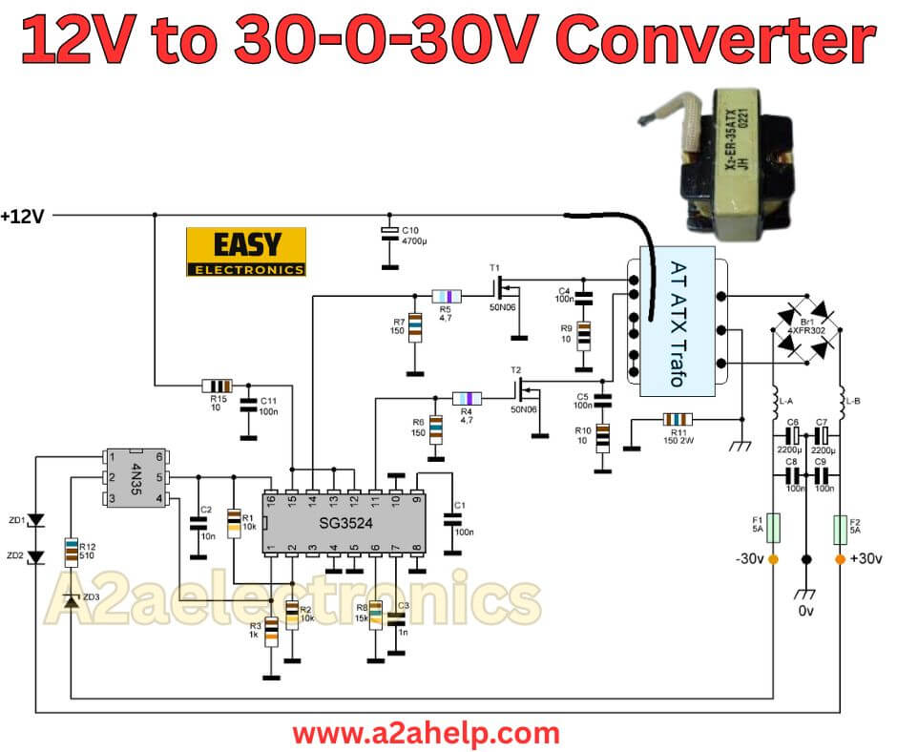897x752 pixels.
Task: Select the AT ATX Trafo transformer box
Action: click(x=677, y=324)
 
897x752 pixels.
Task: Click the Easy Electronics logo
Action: click(x=246, y=252)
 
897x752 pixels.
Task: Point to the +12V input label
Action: click(x=23, y=217)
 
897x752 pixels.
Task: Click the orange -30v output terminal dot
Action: click(x=774, y=559)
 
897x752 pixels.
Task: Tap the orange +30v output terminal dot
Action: click(x=841, y=559)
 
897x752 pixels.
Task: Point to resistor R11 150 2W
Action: click(x=678, y=419)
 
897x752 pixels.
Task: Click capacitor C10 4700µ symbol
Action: click(x=388, y=235)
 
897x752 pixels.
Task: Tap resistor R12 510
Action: click(x=72, y=552)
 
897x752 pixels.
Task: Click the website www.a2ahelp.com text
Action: click(x=426, y=733)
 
